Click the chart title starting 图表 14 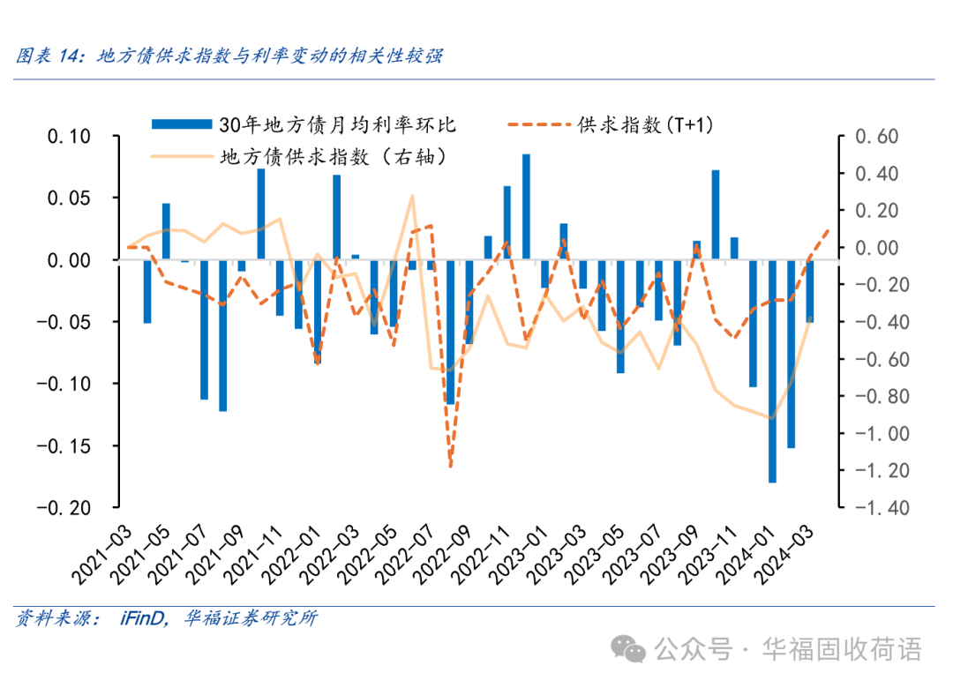tap(229, 56)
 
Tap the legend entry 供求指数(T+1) tap(645, 124)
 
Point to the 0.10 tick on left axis tap(66, 137)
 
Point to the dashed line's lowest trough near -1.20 tap(450, 464)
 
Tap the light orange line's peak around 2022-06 tap(412, 197)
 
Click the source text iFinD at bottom tap(141, 618)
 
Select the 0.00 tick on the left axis tap(66, 260)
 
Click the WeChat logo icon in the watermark tap(633, 650)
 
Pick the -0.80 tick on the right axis tap(873, 396)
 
